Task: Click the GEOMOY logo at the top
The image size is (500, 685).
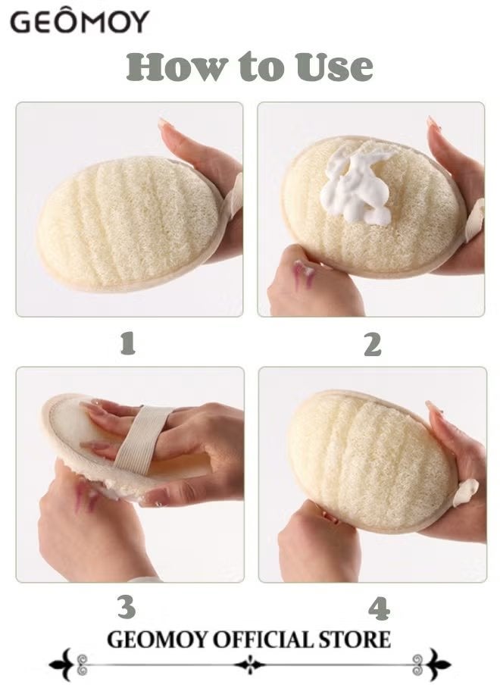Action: [x=79, y=22]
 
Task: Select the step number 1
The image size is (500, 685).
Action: [x=128, y=344]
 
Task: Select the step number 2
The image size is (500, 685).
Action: [x=372, y=344]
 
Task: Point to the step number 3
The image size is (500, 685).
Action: [x=127, y=607]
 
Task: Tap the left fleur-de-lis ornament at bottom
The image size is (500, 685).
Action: [x=62, y=665]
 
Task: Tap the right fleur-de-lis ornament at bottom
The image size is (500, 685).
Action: [x=437, y=665]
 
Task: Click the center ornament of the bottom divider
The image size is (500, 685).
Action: [x=250, y=665]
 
